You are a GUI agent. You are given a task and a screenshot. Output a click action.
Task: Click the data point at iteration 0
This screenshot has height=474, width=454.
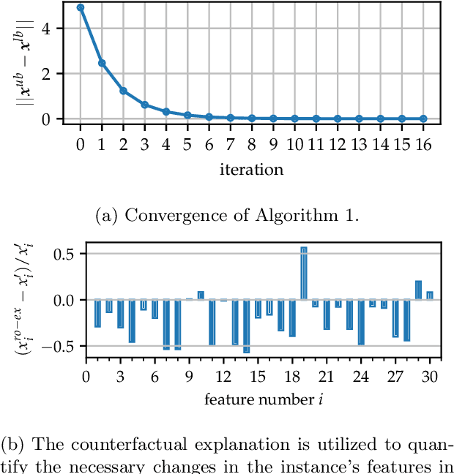[81, 7]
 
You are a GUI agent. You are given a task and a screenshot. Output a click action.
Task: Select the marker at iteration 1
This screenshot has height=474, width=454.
[102, 63]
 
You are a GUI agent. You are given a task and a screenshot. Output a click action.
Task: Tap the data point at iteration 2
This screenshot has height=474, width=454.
[124, 91]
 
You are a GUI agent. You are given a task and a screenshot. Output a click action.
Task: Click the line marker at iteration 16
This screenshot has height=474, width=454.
[423, 118]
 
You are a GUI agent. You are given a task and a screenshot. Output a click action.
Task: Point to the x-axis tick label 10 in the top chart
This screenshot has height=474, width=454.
[294, 144]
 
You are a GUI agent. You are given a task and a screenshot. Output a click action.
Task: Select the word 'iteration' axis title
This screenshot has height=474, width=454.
[251, 170]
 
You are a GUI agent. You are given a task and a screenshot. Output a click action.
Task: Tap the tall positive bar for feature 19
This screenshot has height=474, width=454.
[303, 273]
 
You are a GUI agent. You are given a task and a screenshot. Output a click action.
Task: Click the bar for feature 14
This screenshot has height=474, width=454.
[246, 326]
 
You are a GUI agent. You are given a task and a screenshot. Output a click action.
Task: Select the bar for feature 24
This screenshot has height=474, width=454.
[360, 321]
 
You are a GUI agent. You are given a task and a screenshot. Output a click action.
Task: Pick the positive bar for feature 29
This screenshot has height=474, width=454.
[418, 290]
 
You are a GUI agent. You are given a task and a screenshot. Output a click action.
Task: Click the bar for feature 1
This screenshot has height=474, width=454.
[97, 313]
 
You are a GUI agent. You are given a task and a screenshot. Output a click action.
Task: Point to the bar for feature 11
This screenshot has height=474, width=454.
[212, 321]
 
